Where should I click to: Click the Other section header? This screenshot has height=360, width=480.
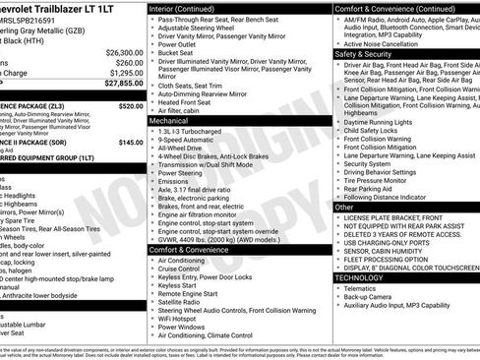click(x=344, y=208)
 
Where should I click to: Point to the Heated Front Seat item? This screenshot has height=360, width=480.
click(x=191, y=102)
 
